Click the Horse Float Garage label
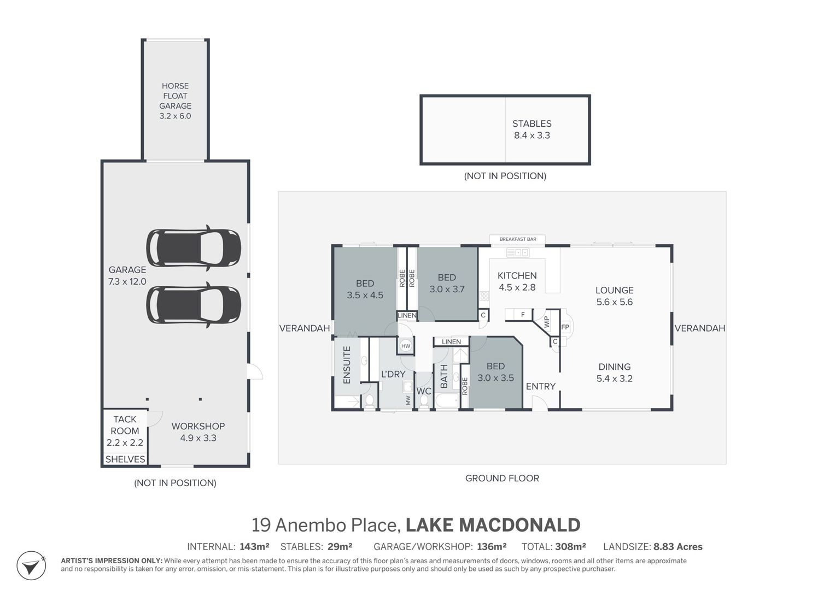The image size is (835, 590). point(175,101)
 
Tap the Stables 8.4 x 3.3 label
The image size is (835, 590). point(532,129)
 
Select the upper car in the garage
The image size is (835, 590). point(194,247)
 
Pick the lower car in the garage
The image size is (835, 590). point(194,305)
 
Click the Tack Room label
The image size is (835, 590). point(125,430)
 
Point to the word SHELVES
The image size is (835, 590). point(125,459)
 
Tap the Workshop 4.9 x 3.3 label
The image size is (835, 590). point(198,432)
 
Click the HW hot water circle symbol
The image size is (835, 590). point(406,346)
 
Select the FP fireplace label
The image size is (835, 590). point(565,327)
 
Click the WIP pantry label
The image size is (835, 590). point(546,321)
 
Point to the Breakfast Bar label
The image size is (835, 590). point(518,239)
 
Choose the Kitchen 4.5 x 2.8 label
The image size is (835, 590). point(517,281)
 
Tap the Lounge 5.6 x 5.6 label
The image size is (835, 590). point(614,296)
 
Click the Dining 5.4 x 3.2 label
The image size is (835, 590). point(614,373)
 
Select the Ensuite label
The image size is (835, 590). point(347,365)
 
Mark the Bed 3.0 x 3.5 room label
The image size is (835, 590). point(495,371)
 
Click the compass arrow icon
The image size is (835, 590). point(31,566)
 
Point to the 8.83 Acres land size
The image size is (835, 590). point(678,547)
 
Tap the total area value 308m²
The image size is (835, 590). point(570,546)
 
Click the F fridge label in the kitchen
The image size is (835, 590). point(523,315)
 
